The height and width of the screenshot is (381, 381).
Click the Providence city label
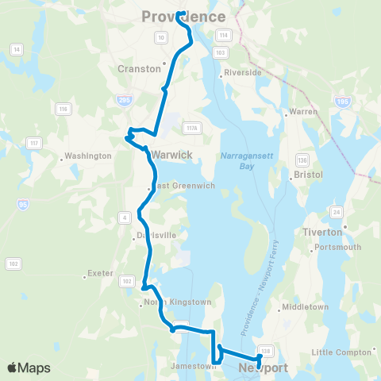point(183,17)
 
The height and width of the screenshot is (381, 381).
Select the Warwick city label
point(171,155)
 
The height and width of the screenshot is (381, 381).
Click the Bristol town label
point(308,172)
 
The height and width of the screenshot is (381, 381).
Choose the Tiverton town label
point(322,232)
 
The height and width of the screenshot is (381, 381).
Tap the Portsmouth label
point(338,247)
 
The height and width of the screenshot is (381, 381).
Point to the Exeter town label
point(100,273)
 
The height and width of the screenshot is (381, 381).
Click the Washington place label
point(87,156)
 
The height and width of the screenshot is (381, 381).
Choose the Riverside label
point(243,72)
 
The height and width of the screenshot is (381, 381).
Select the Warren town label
point(305,112)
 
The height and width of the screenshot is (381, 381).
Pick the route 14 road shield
point(15,49)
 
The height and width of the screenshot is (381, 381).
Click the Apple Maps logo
point(29,368)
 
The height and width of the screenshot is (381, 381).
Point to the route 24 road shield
point(337,213)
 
